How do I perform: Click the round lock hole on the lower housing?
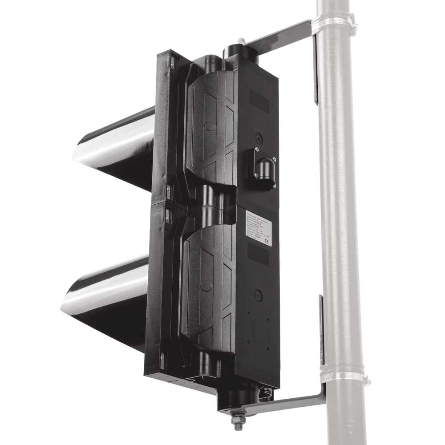coord(257,294)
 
